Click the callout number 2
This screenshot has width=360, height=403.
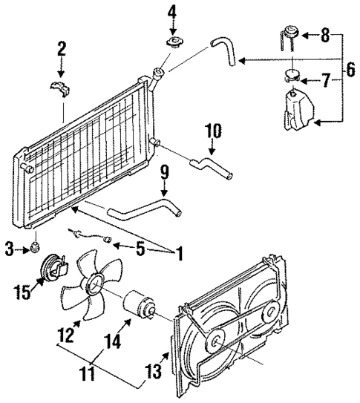(x=61, y=50)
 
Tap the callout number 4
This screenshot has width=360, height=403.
(x=172, y=13)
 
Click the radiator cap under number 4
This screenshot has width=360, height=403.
(x=175, y=43)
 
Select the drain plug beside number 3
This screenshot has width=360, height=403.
(x=35, y=246)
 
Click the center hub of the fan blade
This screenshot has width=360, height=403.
(x=94, y=283)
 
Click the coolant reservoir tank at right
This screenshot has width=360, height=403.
(x=297, y=111)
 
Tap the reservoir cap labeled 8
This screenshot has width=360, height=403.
(x=289, y=33)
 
